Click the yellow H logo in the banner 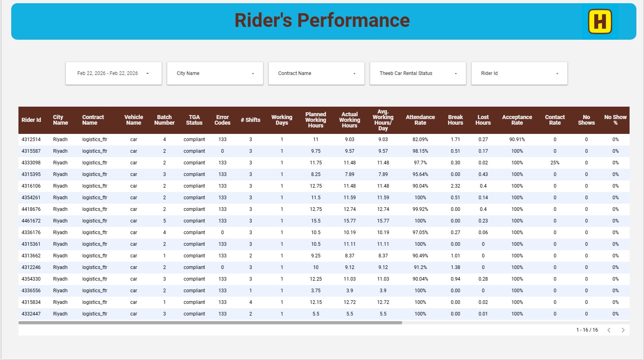tap(600, 22)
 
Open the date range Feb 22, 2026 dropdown tap(113, 73)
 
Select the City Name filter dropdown tap(215, 73)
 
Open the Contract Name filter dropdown tap(316, 73)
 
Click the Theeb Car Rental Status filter tap(418, 73)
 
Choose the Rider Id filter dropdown tap(520, 73)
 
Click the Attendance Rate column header tap(420, 120)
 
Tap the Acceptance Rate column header tap(517, 120)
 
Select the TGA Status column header tap(194, 120)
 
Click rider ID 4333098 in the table tap(31, 163)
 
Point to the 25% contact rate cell tap(555, 163)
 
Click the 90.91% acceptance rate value tap(517, 140)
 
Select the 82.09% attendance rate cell tap(420, 140)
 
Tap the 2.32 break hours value tap(456, 186)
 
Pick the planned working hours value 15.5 tap(316, 220)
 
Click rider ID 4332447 tap(31, 314)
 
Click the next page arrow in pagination tap(623, 330)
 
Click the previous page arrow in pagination tap(609, 330)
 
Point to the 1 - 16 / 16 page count tap(587, 330)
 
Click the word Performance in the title tap(353, 20)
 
